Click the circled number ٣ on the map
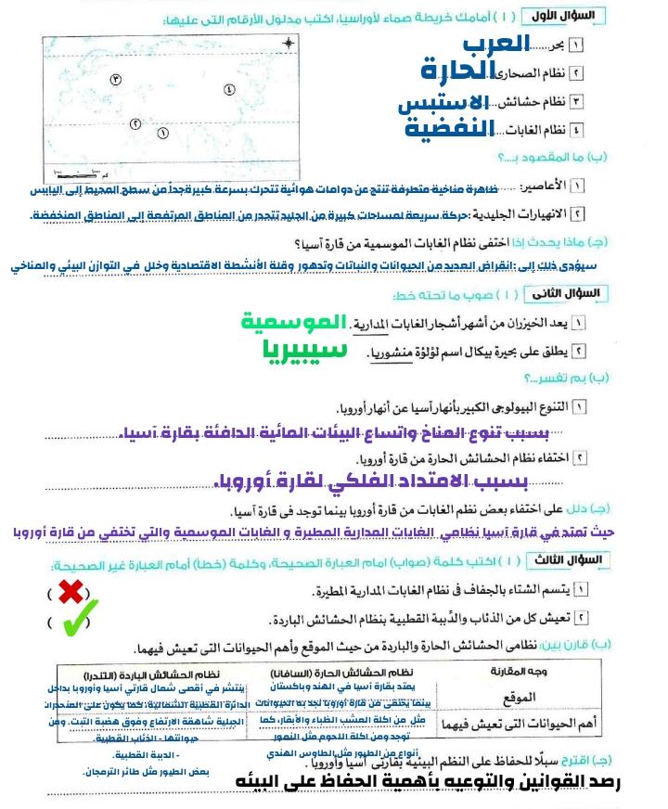(x=116, y=81)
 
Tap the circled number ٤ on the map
(x=228, y=90)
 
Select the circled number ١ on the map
(x=163, y=133)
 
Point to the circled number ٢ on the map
(x=135, y=122)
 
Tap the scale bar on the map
(x=75, y=173)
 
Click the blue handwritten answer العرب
(x=495, y=43)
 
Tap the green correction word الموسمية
(x=292, y=323)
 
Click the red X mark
(x=71, y=591)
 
